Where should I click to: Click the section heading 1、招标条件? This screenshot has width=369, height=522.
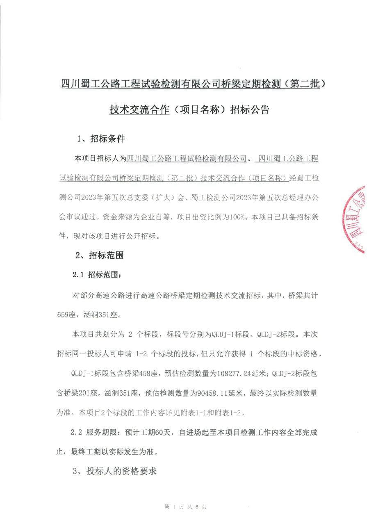click(101, 139)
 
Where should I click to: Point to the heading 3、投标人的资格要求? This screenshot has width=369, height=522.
click(115, 471)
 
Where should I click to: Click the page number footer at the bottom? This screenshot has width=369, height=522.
click(185, 507)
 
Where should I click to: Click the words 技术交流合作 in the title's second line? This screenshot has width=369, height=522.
click(139, 110)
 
